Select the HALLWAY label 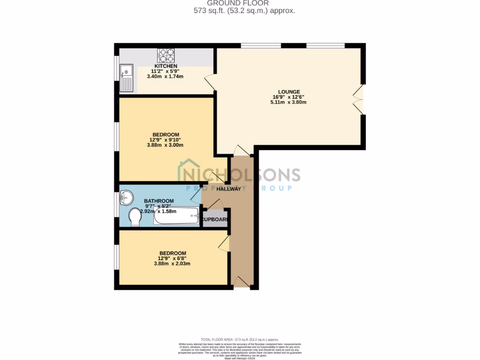(229, 189)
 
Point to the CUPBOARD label (215, 219)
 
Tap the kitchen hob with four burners (166, 56)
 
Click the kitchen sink (127, 78)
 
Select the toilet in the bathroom (135, 217)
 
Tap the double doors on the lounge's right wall (359, 99)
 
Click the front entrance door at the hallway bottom (241, 282)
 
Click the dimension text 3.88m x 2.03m (172, 263)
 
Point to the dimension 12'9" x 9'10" (165, 140)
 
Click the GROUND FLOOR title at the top (244, 3)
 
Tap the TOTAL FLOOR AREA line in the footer (240, 339)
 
